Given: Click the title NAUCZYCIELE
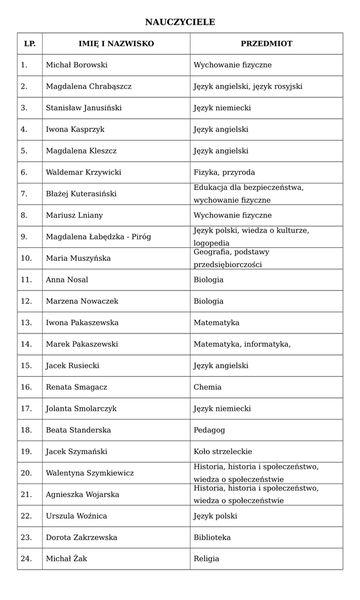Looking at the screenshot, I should [180, 22].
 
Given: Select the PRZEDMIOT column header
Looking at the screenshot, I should [266, 44].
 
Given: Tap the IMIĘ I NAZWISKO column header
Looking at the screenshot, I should [116, 44].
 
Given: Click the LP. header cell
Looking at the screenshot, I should [29, 44].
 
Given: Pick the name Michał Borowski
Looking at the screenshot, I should [76, 65].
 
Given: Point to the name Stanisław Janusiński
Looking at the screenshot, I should [84, 108].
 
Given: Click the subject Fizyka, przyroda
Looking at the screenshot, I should [224, 172].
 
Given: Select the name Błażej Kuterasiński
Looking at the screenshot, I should [81, 194].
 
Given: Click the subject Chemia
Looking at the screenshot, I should [208, 387].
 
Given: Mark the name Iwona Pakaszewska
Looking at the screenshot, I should [82, 323].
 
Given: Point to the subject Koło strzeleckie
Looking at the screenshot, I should [223, 452].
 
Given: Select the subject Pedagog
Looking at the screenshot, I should [209, 430].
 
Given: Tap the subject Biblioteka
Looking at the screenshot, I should [212, 537].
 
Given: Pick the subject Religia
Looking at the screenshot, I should [206, 559].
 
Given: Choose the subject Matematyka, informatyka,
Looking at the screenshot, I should [242, 345].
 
